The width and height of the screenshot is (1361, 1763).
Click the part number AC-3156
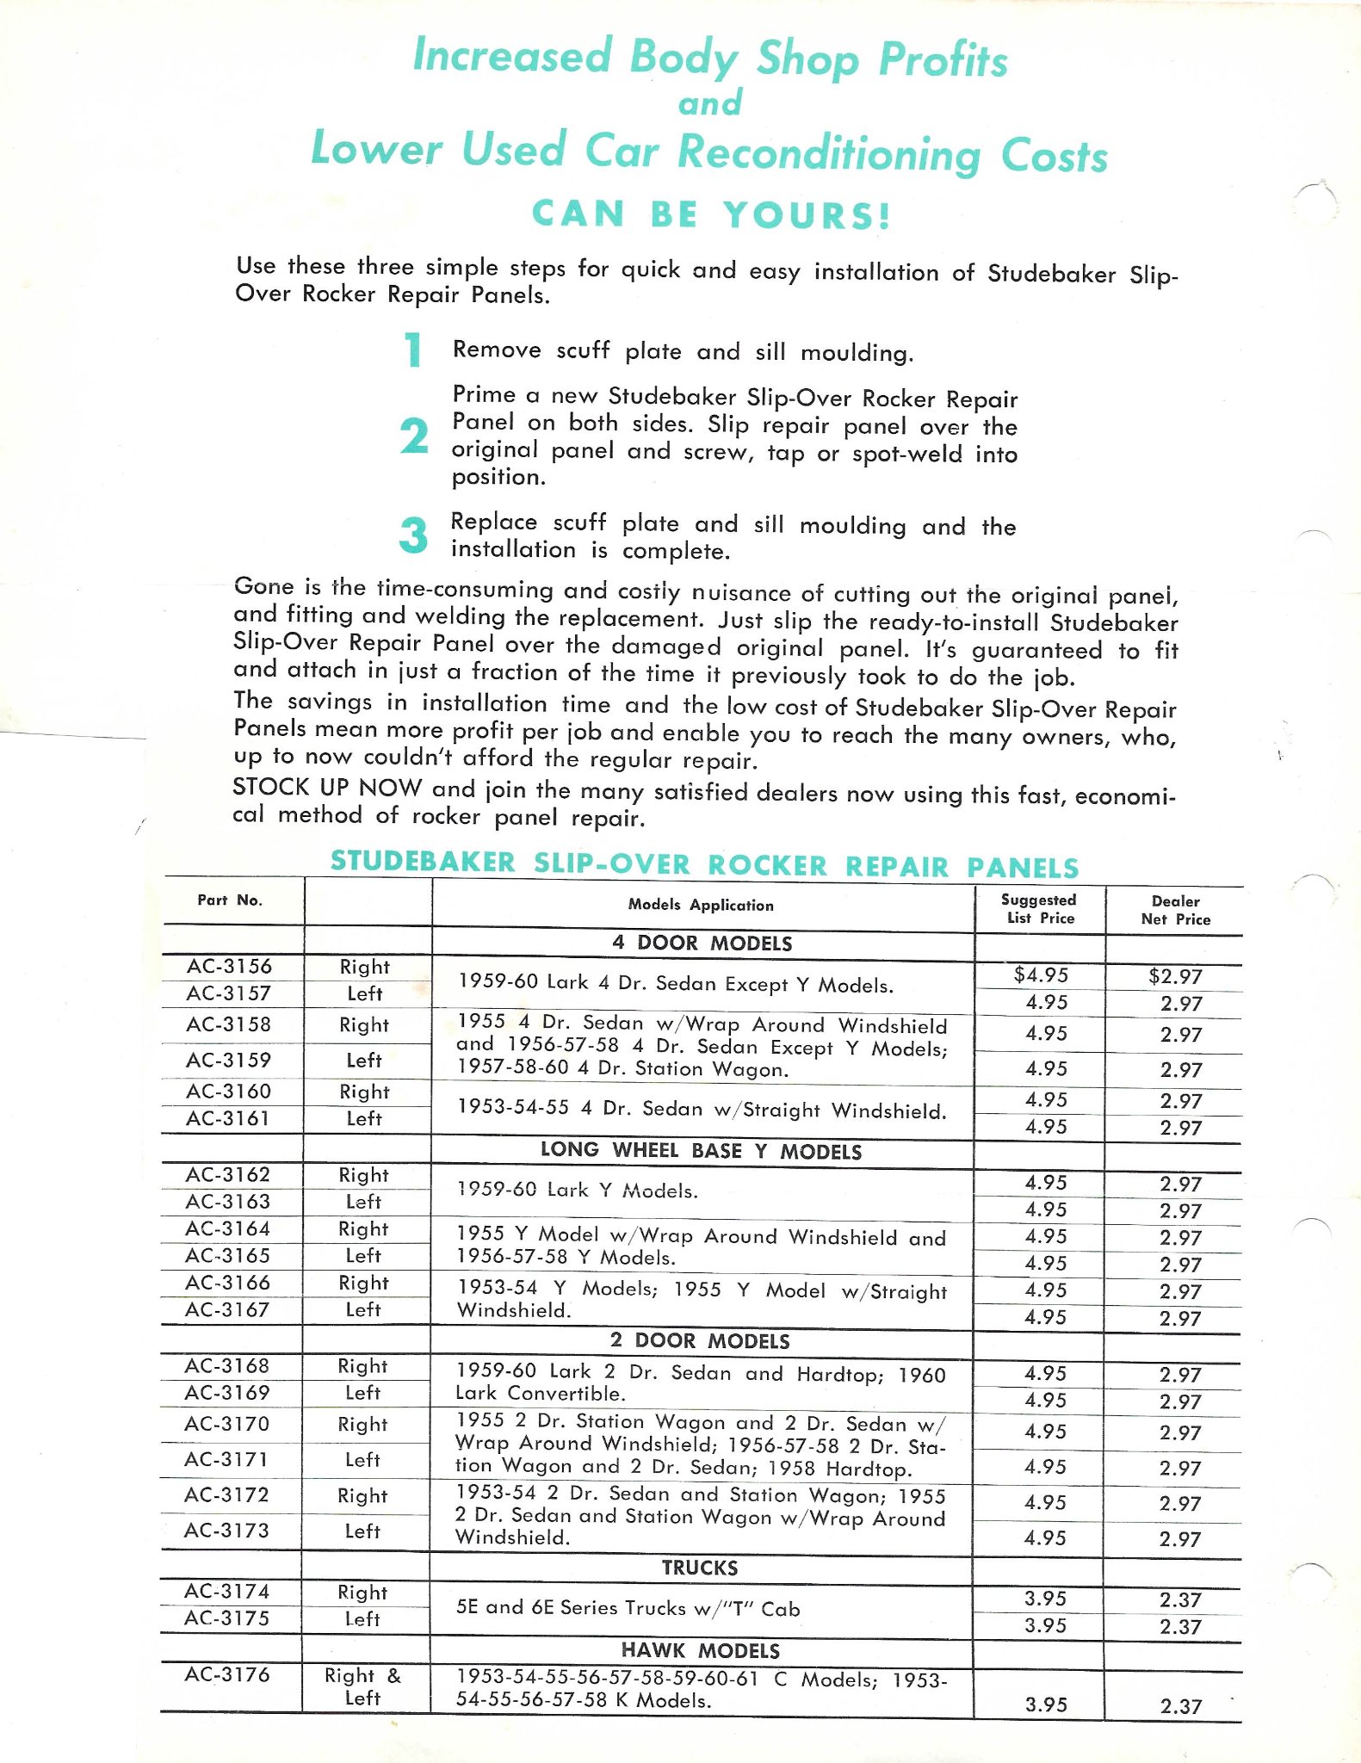[x=229, y=966]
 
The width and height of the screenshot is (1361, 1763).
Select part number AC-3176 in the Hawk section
[x=227, y=1674]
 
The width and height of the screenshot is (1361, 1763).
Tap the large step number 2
[x=414, y=436]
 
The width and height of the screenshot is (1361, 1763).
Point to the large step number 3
[x=413, y=535]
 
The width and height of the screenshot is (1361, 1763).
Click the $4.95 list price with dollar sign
[x=1041, y=974]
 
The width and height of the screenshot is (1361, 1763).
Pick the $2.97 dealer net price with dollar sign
[x=1175, y=976]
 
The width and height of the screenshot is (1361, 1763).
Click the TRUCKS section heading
[x=700, y=1568]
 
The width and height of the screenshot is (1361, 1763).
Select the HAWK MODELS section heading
[x=701, y=1650]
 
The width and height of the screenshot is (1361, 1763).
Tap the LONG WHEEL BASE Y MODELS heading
[x=701, y=1151]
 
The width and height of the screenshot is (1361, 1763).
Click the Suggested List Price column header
[x=1040, y=908]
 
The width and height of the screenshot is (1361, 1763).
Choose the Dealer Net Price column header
[x=1175, y=910]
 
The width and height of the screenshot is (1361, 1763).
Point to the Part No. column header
[x=230, y=900]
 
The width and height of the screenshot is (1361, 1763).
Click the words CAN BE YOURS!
[x=711, y=214]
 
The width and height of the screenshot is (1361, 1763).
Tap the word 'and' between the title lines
[x=710, y=103]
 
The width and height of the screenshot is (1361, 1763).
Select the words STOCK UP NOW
[x=327, y=787]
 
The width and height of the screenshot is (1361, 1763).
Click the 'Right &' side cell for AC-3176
[x=362, y=1675]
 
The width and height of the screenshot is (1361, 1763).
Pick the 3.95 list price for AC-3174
[x=1045, y=1599]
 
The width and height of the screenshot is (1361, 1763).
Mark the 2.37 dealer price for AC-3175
[x=1179, y=1627]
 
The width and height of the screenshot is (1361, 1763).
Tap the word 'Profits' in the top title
[x=943, y=60]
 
